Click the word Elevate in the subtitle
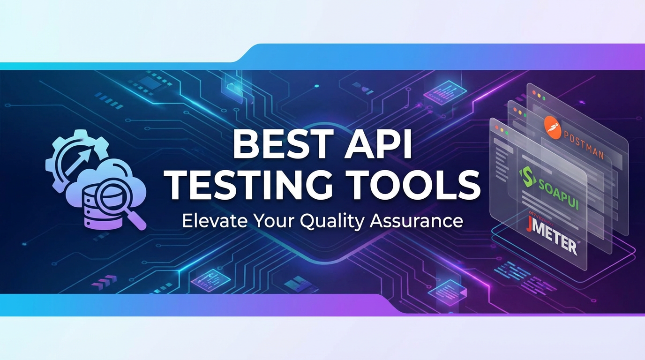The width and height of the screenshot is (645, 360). click(210, 220)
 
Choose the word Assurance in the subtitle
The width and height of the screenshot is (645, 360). click(416, 220)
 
